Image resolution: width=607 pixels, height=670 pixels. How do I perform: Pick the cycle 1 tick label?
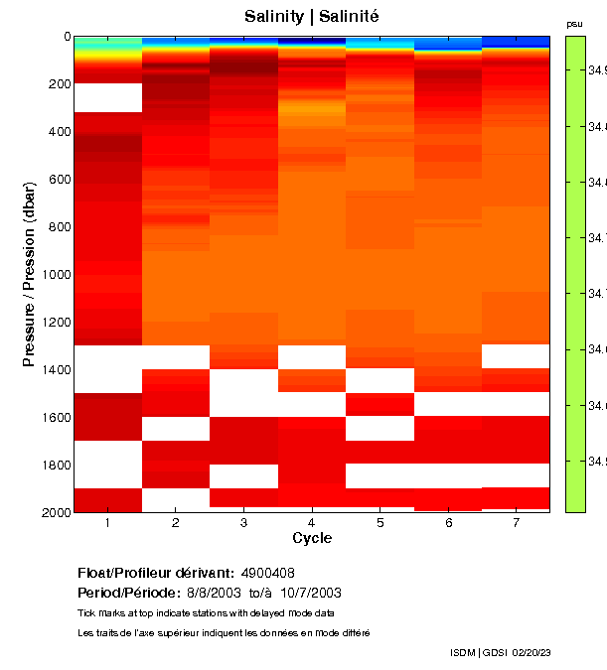click(x=107, y=523)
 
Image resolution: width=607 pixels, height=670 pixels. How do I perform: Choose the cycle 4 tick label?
click(x=312, y=523)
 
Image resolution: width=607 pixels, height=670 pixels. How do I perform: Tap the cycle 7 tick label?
click(x=516, y=523)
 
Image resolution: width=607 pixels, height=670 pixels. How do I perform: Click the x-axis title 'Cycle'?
click(x=312, y=539)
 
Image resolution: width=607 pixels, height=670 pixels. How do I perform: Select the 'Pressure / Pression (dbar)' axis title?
click(x=30, y=274)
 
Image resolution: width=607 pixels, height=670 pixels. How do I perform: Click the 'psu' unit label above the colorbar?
click(x=574, y=23)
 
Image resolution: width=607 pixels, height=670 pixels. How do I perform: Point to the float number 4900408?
click(x=268, y=573)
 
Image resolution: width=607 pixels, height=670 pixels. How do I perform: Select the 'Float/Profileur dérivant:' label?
click(x=156, y=573)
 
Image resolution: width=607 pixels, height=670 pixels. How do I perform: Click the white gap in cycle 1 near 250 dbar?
click(x=107, y=98)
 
